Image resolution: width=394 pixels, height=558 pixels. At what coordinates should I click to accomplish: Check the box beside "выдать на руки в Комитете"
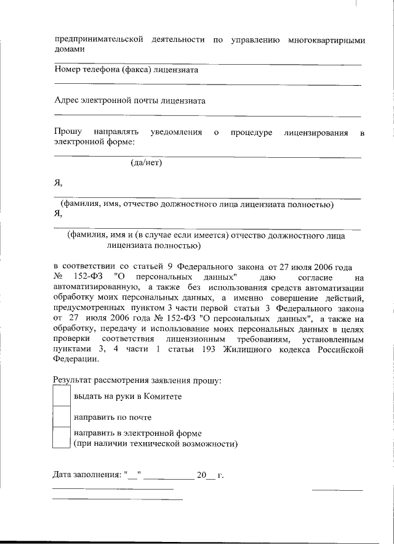61,396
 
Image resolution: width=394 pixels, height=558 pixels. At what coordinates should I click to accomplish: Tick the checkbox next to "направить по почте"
61,417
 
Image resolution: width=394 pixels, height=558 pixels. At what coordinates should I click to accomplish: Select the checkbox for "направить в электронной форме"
61,437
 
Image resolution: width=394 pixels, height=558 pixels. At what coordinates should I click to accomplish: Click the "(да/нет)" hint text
146,163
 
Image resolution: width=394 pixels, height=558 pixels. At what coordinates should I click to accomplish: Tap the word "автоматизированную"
94,287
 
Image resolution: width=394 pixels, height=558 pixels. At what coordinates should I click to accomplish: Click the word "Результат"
72,380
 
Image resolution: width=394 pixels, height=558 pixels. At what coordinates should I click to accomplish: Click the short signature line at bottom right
337,490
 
